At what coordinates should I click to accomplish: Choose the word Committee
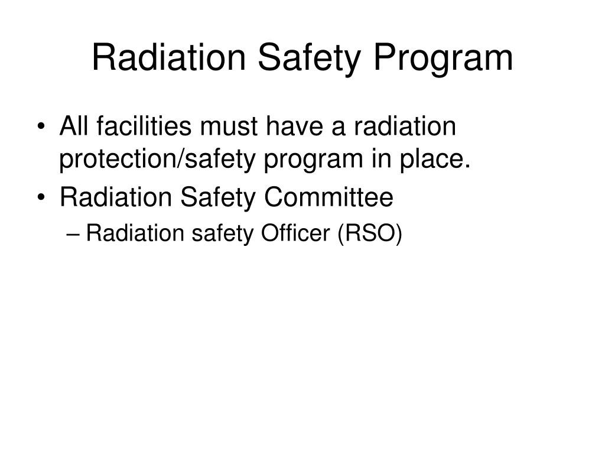330,198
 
